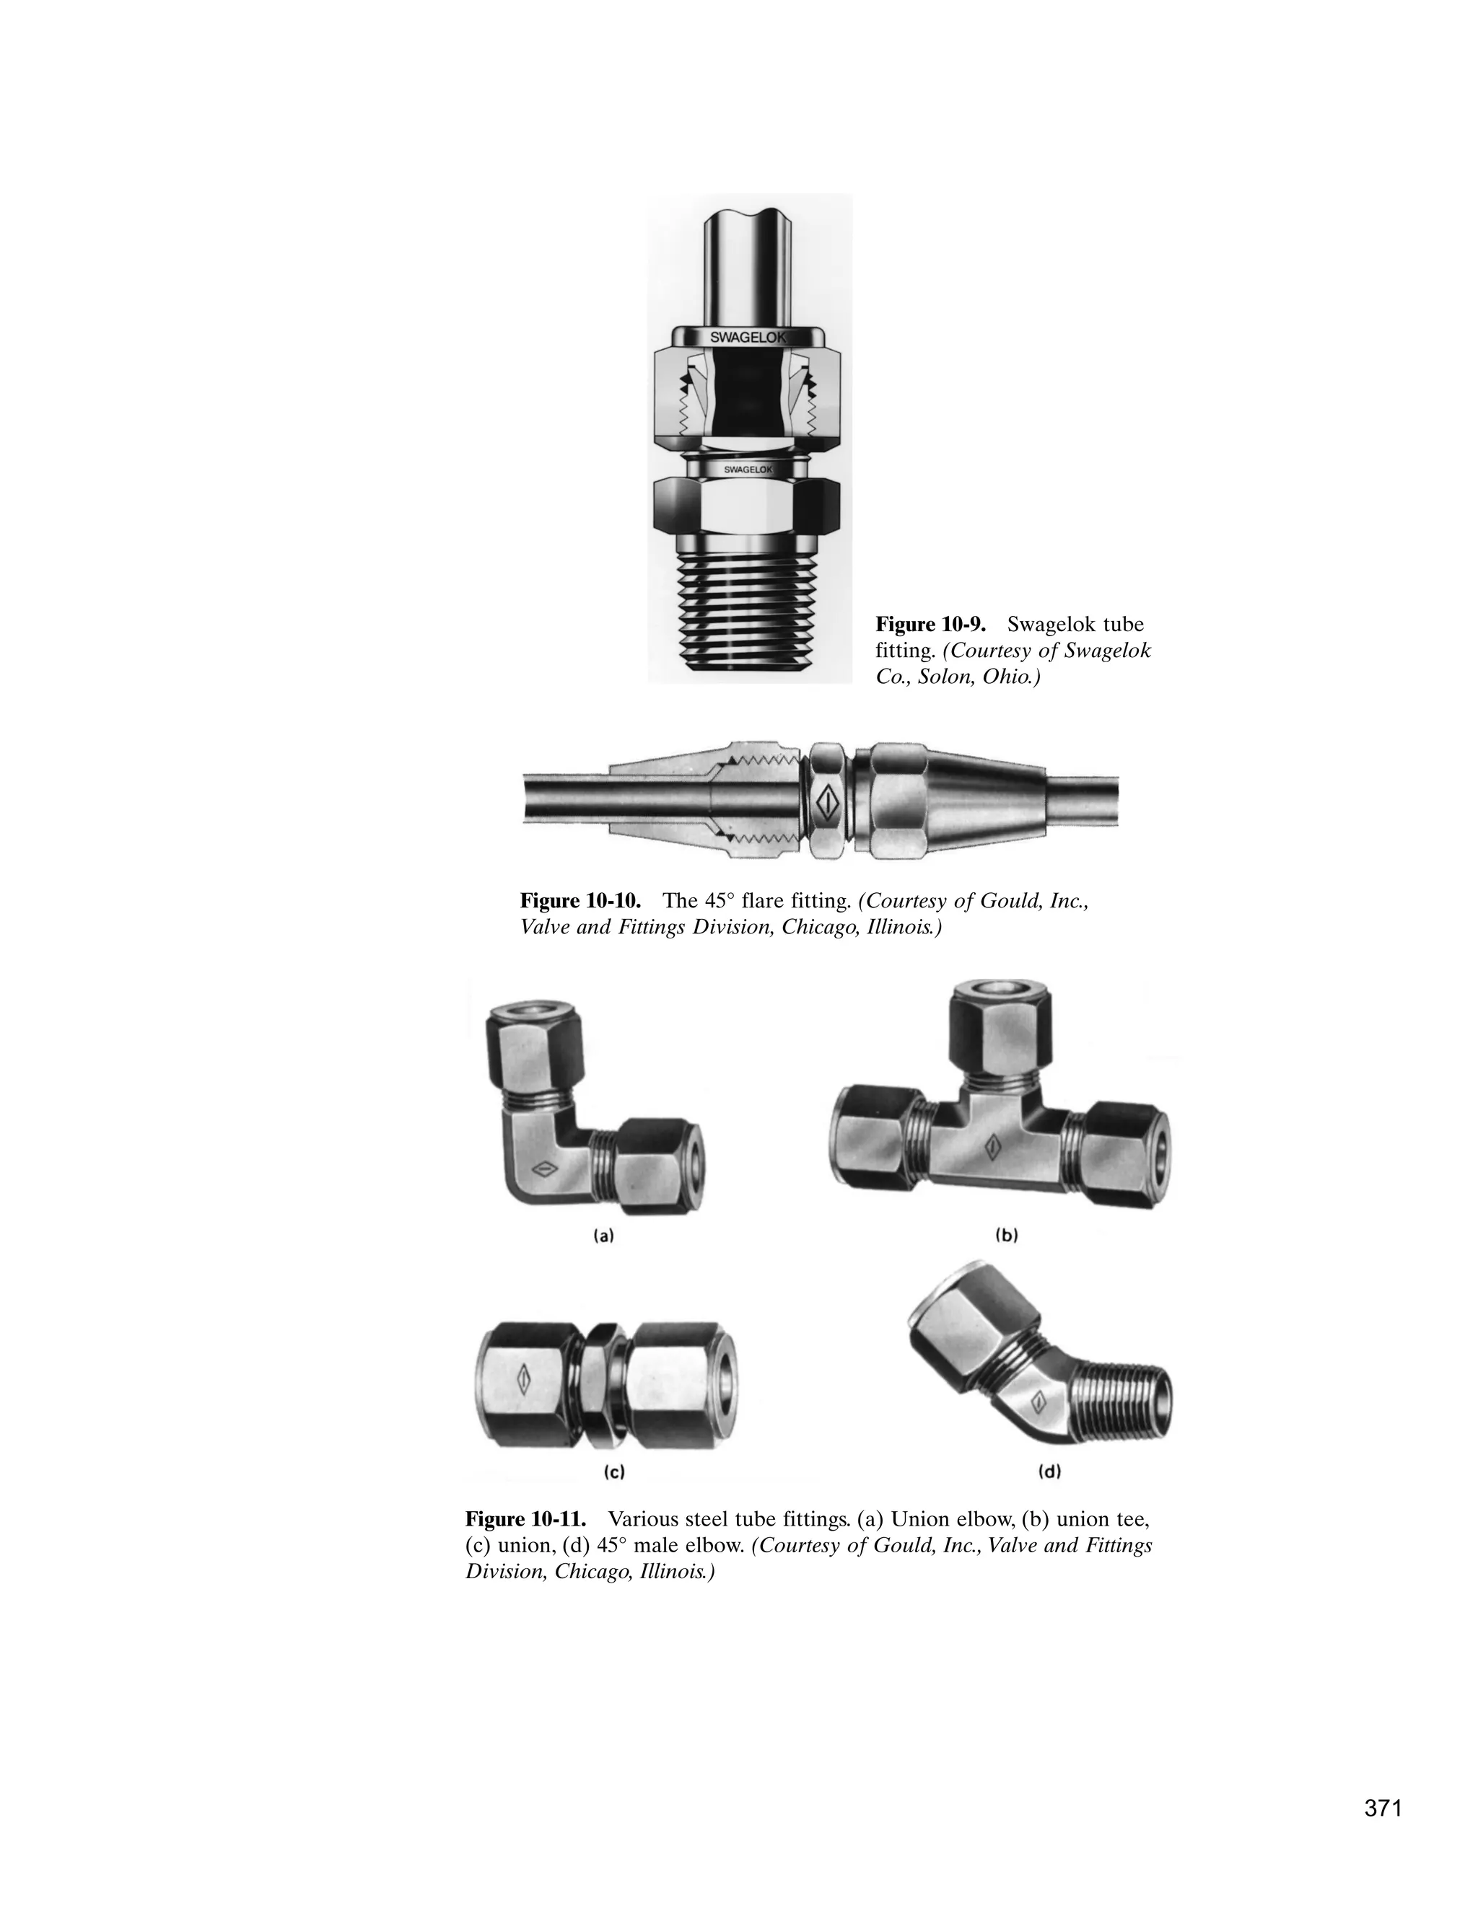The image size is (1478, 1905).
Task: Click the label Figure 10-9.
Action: (930, 625)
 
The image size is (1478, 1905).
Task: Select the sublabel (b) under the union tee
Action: (1007, 1235)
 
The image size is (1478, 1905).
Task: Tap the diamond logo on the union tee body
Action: (992, 1145)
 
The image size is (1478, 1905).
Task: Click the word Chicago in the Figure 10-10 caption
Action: (815, 927)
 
